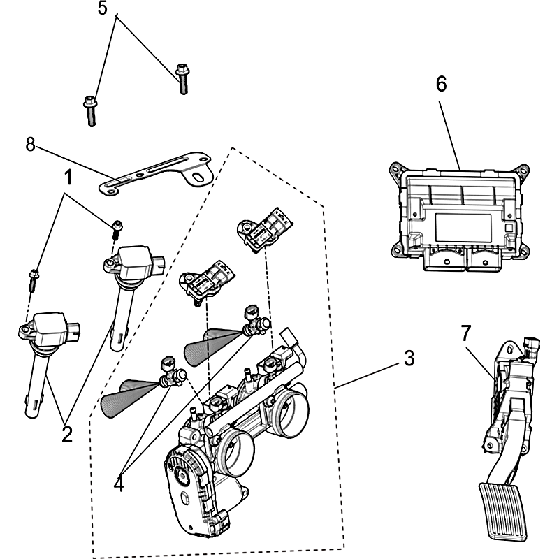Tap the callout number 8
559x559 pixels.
click(30, 145)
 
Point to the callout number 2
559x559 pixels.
click(67, 433)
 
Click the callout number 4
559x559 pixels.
click(119, 483)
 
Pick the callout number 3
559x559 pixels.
click(409, 358)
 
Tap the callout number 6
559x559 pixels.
click(441, 83)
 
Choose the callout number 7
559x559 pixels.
click(466, 334)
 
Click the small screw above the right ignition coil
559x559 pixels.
click(117, 226)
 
